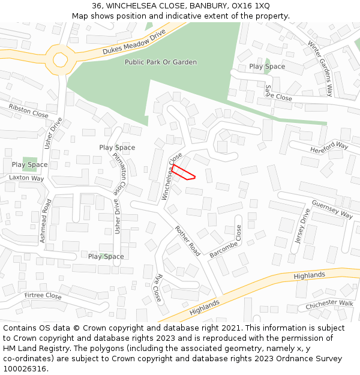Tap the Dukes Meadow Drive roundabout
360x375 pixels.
[x=60, y=59]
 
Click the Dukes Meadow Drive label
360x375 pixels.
[x=133, y=44]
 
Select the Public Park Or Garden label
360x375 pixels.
[x=160, y=62]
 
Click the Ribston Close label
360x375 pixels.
[x=28, y=110]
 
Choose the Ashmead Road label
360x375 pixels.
[x=46, y=221]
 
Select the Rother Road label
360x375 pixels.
[x=187, y=241]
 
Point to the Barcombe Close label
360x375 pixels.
[x=226, y=242]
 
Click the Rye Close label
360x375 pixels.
[x=157, y=288]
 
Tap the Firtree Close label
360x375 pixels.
[x=43, y=296]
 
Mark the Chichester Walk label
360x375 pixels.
[x=329, y=305]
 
